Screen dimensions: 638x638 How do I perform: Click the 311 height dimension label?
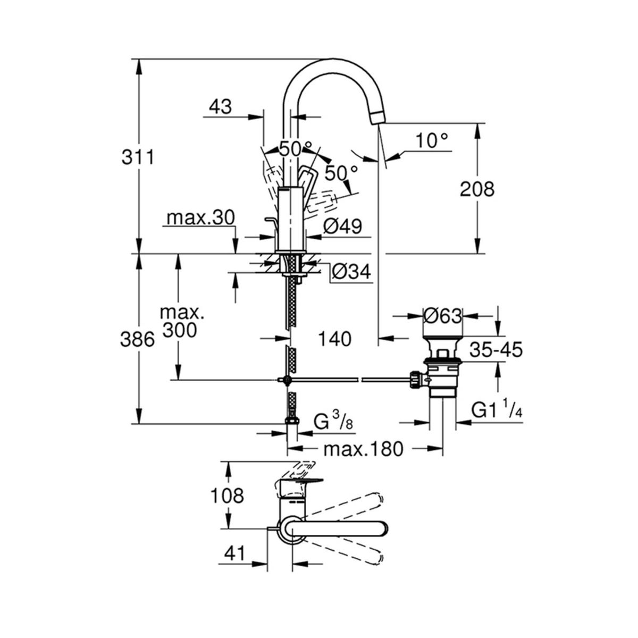tap(138, 157)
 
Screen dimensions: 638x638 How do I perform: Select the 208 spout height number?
tap(477, 189)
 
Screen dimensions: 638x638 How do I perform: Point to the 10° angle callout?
tap(432, 141)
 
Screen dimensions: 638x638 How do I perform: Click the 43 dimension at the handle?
tap(221, 107)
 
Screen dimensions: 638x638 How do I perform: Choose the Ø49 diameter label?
tap(342, 226)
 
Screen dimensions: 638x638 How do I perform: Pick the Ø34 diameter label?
tap(351, 272)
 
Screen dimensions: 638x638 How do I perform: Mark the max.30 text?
tap(200, 217)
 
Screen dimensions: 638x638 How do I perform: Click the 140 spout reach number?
tap(335, 339)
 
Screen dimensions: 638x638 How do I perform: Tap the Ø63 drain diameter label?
tap(442, 316)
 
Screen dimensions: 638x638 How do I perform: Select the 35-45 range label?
tap(496, 350)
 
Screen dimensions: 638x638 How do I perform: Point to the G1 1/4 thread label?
tap(497, 409)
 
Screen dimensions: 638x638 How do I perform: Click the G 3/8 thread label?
tap(333, 422)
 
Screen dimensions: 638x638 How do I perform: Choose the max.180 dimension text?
tap(364, 449)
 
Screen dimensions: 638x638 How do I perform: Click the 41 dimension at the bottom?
tap(234, 553)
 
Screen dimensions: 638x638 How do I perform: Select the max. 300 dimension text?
tap(181, 321)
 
